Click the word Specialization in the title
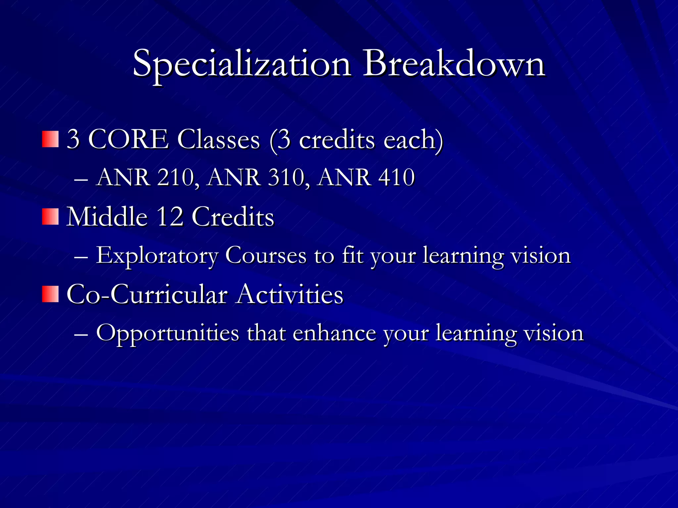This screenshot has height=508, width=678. coord(242,64)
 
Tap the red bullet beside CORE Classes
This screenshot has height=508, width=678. coord(50,139)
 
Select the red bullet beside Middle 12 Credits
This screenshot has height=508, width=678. coord(50,217)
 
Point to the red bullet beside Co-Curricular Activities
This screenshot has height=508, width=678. coord(50,294)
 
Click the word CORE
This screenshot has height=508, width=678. coord(128,139)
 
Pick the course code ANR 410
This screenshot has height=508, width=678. coord(366,178)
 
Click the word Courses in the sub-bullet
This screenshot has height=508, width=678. coord(266,256)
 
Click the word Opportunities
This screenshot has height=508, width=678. coord(168,333)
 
